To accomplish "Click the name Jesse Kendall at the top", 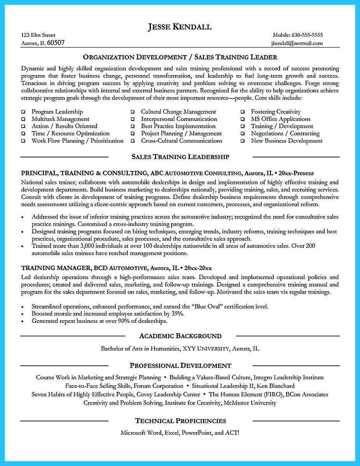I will pos(179,27).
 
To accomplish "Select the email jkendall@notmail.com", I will pos(297,43).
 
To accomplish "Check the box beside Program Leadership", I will pos(23,112).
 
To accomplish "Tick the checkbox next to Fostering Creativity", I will pos(242,112).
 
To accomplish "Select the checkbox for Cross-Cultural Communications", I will pos(133,141).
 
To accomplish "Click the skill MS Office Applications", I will pos(280,119).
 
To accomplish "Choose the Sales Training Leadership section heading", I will pos(180,157).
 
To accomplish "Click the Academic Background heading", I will pos(180,336).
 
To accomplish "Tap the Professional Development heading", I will pos(180,365).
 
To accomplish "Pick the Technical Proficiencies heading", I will pos(180,421).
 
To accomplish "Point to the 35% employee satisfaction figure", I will pos(177,313).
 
